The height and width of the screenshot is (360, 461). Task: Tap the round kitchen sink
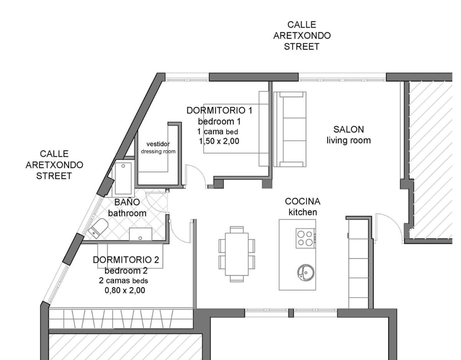306,272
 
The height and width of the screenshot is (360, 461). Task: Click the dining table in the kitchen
237,254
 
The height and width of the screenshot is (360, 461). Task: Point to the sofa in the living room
290,129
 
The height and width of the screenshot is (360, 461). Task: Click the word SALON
348,129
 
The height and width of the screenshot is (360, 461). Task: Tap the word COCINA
302,201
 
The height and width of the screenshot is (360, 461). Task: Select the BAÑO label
127,202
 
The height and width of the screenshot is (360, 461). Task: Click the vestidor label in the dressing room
158,144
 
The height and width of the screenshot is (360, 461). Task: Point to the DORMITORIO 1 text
219,111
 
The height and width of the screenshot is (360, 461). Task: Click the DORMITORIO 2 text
126,260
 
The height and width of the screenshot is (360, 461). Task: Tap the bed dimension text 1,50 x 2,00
219,141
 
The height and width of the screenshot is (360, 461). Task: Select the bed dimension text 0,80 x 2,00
125,290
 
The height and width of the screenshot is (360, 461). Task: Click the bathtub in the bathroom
123,178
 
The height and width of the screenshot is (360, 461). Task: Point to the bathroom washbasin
141,234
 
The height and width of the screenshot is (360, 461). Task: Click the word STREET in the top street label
302,46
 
